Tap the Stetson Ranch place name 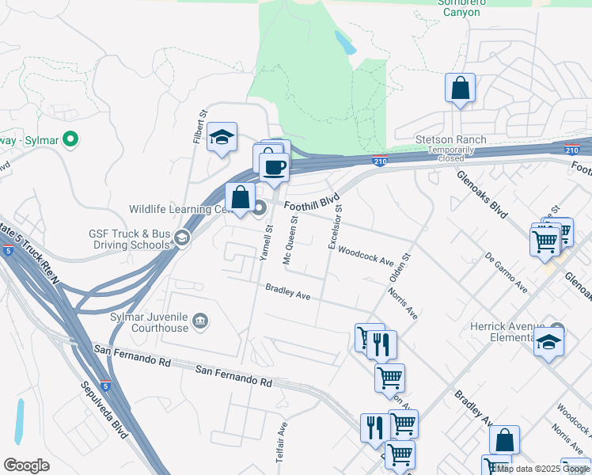[450, 140]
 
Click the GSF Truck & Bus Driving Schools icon [182, 238]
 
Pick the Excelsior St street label [335, 226]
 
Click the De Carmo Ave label [507, 272]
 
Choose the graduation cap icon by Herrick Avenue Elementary [548, 344]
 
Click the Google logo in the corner [27, 465]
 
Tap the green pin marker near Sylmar [70, 140]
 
